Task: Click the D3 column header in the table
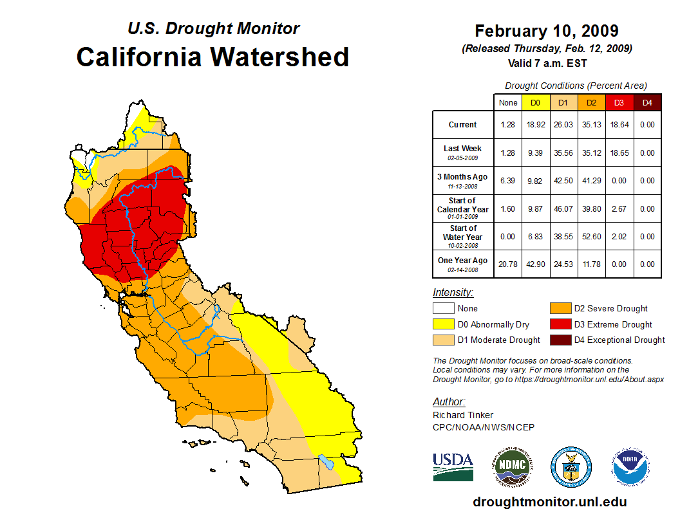click(619, 102)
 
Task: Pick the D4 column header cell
click(647, 102)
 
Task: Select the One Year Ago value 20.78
click(508, 264)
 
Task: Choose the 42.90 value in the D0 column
click(535, 264)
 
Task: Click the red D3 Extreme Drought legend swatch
click(559, 324)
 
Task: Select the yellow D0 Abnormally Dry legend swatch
click(443, 324)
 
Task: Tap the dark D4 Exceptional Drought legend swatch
click(559, 340)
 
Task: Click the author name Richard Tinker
click(463, 415)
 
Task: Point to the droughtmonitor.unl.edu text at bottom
click(549, 502)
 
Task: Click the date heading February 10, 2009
click(547, 31)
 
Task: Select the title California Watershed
click(212, 57)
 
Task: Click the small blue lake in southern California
click(326, 462)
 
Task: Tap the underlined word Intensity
click(453, 293)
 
